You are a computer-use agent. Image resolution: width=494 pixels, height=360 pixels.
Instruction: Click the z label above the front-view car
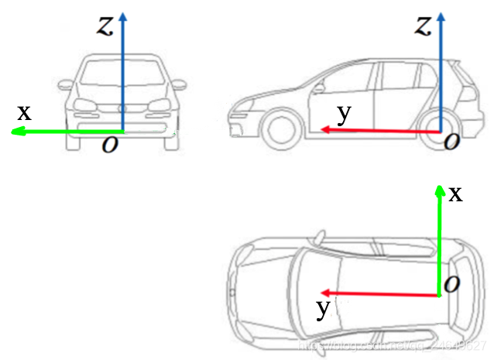(x=105, y=26)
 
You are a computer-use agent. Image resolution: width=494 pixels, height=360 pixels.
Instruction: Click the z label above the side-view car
(x=422, y=26)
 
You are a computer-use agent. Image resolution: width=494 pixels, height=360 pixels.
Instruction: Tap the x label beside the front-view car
(x=25, y=112)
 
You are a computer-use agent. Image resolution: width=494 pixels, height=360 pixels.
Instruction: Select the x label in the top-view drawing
(x=456, y=194)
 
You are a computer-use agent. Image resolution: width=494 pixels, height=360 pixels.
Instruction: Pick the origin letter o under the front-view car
(x=110, y=145)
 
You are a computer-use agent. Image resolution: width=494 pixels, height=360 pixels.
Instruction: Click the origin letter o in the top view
(x=452, y=284)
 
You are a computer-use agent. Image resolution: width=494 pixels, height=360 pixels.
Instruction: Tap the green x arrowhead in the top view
(x=440, y=190)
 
